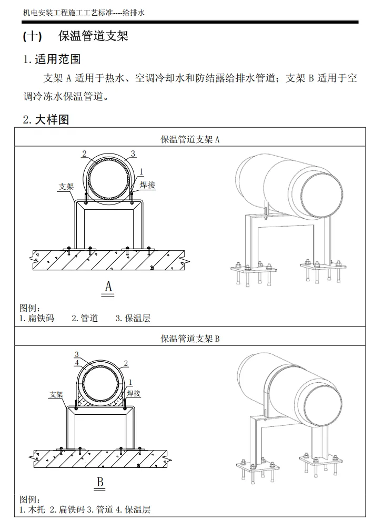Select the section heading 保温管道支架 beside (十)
pyautogui.click(x=94, y=36)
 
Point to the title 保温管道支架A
pyautogui.click(x=190, y=139)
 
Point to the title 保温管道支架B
pyautogui.click(x=190, y=339)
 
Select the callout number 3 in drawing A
pyautogui.click(x=133, y=154)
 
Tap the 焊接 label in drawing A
pyautogui.click(x=147, y=185)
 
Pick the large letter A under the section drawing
pyautogui.click(x=109, y=287)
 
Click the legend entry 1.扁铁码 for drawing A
pyautogui.click(x=36, y=318)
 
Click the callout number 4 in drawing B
pyautogui.click(x=77, y=363)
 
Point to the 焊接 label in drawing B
pyautogui.click(x=134, y=393)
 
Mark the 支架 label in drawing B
pyautogui.click(x=57, y=394)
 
